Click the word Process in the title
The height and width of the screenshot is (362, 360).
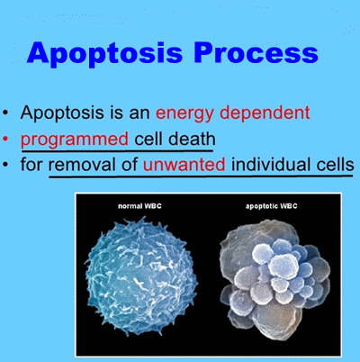pos(262,54)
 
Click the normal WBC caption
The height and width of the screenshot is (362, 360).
pos(142,206)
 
